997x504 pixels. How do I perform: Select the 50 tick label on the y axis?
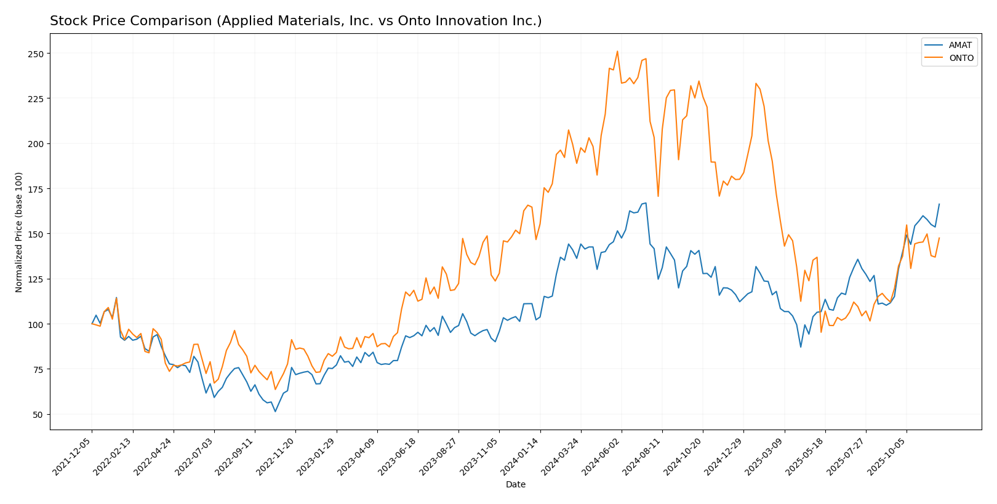point(38,415)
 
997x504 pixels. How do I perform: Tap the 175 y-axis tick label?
point(35,189)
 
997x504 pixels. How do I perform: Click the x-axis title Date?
point(515,485)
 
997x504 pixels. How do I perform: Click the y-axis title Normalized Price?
point(19,232)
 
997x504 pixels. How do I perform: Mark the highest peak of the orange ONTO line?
point(617,52)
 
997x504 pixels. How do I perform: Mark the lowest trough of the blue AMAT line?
point(275,411)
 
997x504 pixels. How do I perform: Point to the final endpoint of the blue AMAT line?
point(939,204)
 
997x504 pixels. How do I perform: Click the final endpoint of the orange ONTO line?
point(939,238)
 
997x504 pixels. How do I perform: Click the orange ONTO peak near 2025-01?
point(756,83)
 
